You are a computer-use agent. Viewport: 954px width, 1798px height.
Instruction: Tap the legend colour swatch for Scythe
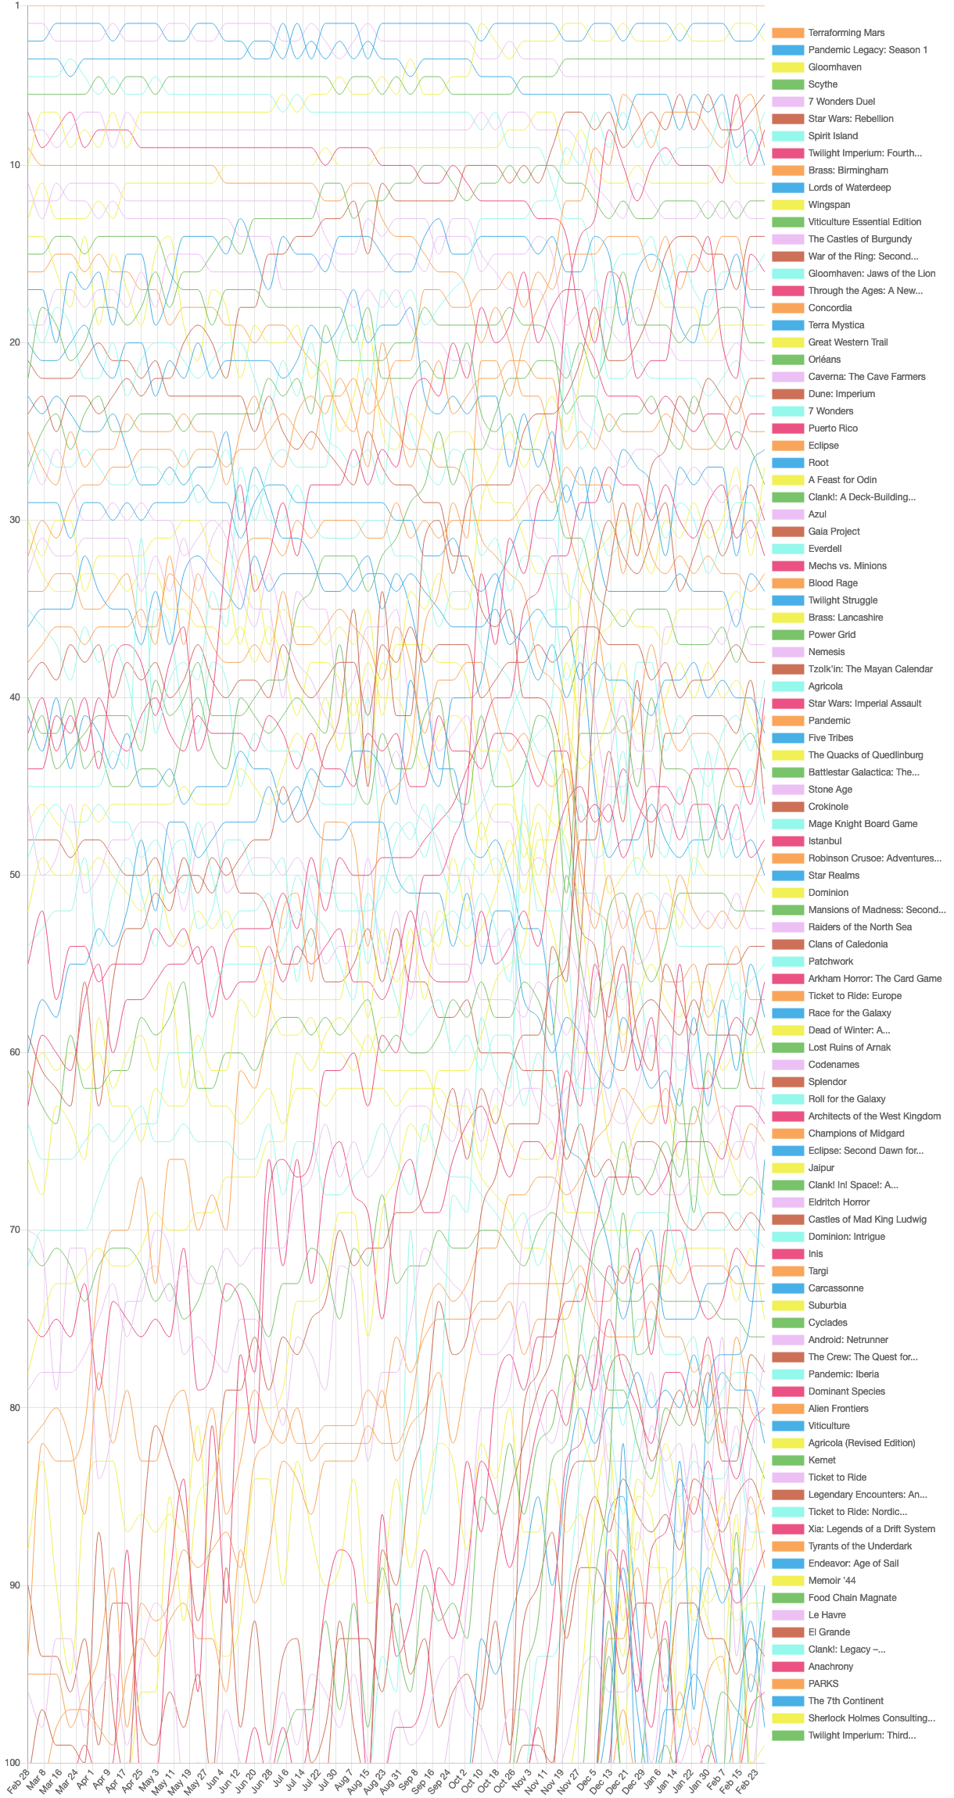click(x=787, y=84)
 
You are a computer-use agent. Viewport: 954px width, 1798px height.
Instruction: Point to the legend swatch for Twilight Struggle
click(x=787, y=600)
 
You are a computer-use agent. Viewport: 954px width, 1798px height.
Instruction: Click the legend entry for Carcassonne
click(x=818, y=1288)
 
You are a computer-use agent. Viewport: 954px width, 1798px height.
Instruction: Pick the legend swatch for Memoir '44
click(x=787, y=1581)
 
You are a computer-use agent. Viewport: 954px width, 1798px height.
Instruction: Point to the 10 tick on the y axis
click(x=16, y=165)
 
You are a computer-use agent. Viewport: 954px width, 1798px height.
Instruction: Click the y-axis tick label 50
click(x=16, y=875)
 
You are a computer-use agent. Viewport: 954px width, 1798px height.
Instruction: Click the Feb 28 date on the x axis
click(x=19, y=1780)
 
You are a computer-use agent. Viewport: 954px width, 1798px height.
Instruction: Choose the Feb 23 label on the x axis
click(x=748, y=1780)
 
